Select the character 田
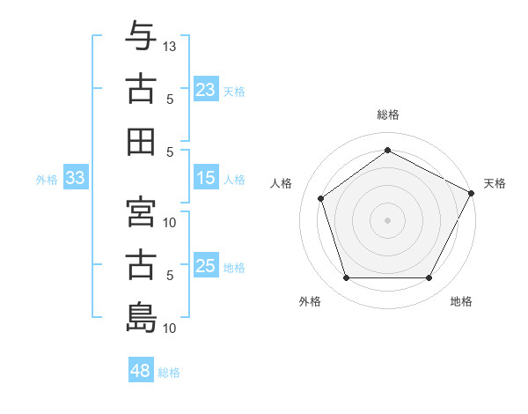141,141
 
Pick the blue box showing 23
205,90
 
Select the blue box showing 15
205,179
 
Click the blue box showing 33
75,179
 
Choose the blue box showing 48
141,371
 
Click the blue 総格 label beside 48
169,373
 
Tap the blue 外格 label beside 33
47,180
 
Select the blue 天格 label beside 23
234,91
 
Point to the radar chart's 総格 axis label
387,115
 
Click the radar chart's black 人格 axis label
282,183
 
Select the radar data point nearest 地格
429,278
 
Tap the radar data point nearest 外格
346,278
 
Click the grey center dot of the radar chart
387,220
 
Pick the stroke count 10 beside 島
171,329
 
